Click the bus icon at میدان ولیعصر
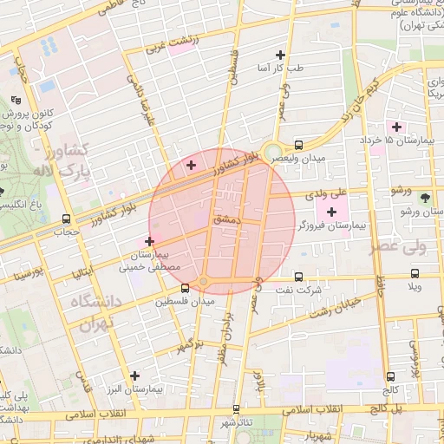pyautogui.click(x=298, y=146)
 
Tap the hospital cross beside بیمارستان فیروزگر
pyautogui.click(x=332, y=212)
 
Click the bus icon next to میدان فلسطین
pyautogui.click(x=184, y=289)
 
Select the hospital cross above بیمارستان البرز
pyautogui.click(x=134, y=375)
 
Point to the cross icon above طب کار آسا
pyautogui.click(x=280, y=55)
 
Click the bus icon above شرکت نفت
pyautogui.click(x=298, y=277)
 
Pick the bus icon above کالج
pyautogui.click(x=390, y=376)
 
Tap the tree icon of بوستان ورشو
pyautogui.click(x=424, y=197)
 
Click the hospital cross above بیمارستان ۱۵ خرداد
pyautogui.click(x=395, y=127)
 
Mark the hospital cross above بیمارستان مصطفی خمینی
pyautogui.click(x=149, y=241)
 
